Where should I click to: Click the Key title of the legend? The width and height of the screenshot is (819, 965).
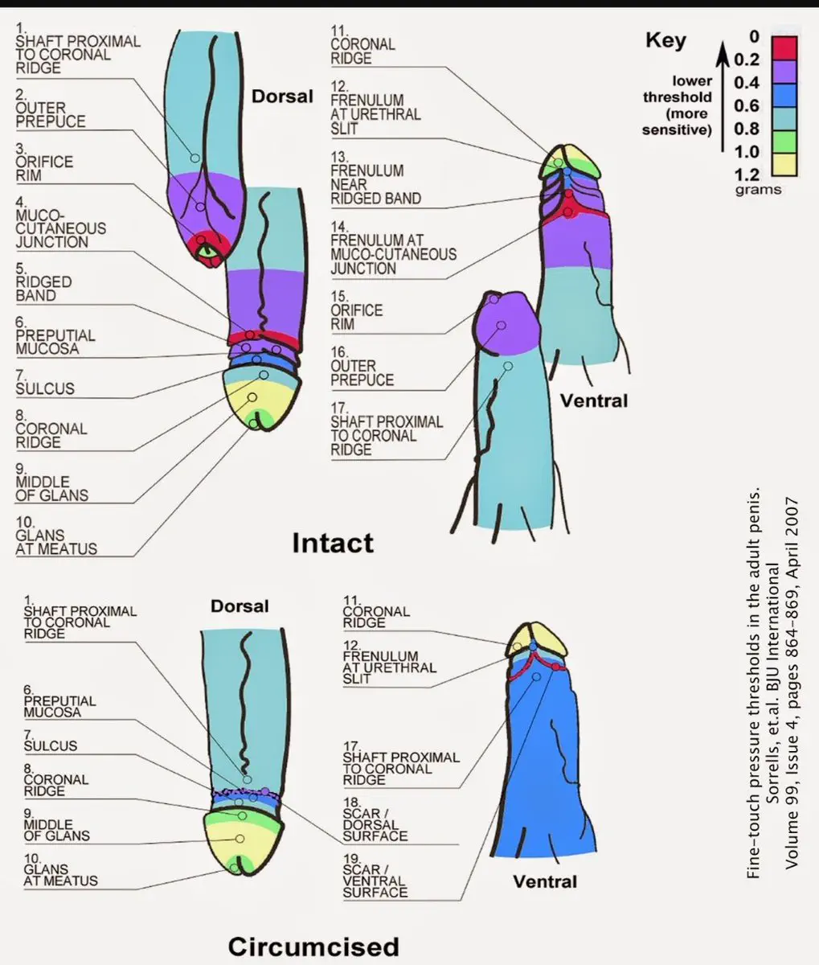pyautogui.click(x=665, y=40)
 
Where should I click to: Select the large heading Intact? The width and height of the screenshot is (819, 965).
pyautogui.click(x=332, y=543)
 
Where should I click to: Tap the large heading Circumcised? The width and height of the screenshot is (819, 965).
pyautogui.click(x=313, y=946)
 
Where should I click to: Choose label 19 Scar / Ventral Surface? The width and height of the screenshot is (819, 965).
pyautogui.click(x=375, y=881)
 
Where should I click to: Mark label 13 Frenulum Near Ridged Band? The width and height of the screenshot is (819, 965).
pyautogui.click(x=375, y=184)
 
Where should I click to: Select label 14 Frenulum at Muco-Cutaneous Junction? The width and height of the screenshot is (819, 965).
pyautogui.click(x=392, y=254)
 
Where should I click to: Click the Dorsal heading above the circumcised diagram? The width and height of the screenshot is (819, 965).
pyautogui.click(x=240, y=606)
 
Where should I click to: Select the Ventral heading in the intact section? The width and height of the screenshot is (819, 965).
pyautogui.click(x=593, y=400)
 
